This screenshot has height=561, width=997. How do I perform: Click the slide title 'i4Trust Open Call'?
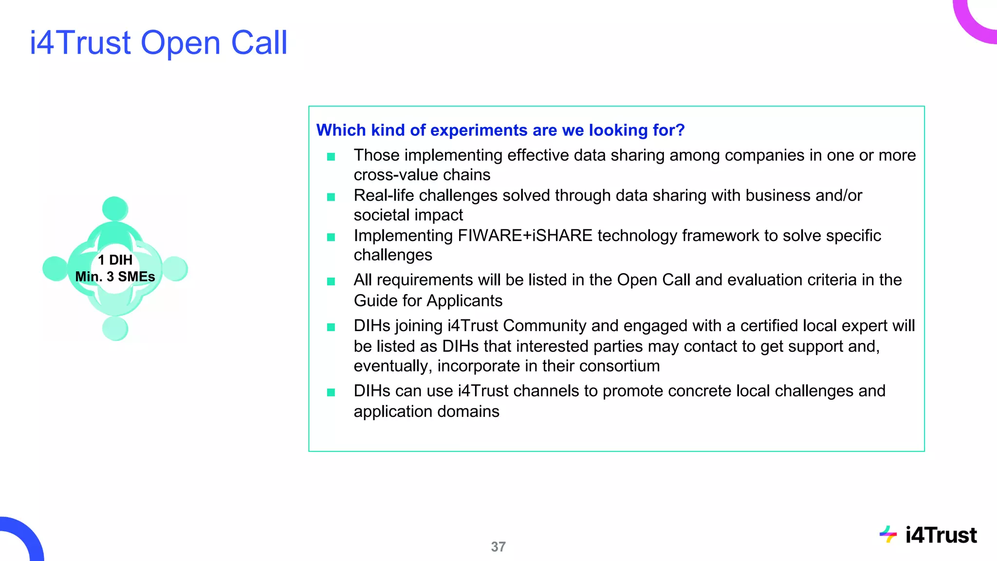click(159, 43)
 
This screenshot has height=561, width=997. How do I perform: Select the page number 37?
click(498, 547)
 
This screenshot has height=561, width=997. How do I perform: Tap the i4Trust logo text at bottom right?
click(941, 535)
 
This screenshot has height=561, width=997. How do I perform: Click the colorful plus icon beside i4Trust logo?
click(888, 534)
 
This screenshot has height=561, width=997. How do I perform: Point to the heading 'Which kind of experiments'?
click(500, 130)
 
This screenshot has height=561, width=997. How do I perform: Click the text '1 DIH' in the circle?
click(115, 260)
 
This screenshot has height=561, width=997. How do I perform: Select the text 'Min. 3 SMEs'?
click(115, 277)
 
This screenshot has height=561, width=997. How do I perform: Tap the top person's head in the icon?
click(115, 209)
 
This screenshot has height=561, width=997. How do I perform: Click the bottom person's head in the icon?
click(115, 328)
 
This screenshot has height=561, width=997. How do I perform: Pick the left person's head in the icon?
click(55, 268)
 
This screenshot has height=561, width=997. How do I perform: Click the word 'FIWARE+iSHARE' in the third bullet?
click(525, 236)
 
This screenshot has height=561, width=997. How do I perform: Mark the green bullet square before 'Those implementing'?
click(331, 157)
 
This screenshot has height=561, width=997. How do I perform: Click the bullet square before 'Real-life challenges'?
click(331, 197)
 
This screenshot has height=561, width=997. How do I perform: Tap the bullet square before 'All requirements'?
click(331, 281)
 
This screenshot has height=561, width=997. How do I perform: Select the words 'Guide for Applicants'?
click(428, 301)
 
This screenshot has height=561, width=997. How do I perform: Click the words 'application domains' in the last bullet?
click(426, 411)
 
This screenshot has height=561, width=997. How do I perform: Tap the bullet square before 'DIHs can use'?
click(331, 393)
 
